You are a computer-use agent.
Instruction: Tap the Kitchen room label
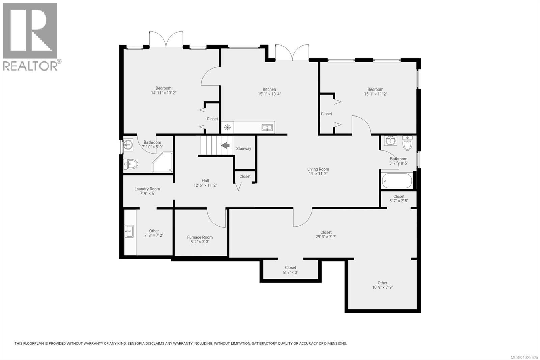[x=269, y=89]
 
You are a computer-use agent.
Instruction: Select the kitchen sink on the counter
[x=267, y=128]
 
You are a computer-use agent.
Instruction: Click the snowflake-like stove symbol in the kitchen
[x=227, y=127]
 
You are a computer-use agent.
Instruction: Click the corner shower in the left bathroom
[x=163, y=162]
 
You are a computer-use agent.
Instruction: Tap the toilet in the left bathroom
[x=131, y=164]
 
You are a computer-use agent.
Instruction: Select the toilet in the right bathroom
[x=407, y=143]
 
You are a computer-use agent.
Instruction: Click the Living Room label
[x=318, y=169]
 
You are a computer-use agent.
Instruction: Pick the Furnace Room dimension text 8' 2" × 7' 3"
[x=200, y=242]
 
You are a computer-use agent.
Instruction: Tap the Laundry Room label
[x=147, y=189]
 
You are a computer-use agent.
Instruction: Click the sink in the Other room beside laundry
[x=129, y=231]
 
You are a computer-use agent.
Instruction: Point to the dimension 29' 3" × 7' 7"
[x=326, y=237]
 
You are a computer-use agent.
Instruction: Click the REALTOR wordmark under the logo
[x=30, y=66]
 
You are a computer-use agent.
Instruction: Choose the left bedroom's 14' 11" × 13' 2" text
[x=164, y=93]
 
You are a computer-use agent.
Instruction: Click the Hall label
[x=205, y=181]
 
